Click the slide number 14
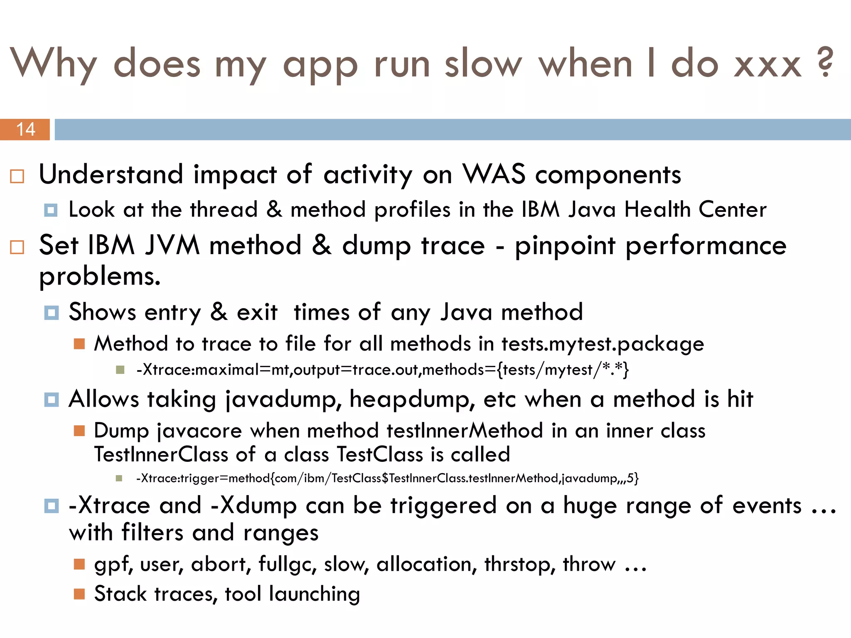coord(25,129)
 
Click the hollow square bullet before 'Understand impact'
coord(17,177)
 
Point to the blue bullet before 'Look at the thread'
coord(51,210)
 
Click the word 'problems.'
coord(100,276)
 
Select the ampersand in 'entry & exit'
coord(219,312)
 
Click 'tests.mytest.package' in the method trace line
coord(603,344)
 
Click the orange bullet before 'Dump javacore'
coord(79,431)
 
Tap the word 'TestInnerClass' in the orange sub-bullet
coord(161,454)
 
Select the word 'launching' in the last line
coord(314,594)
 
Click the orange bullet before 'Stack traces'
coord(79,594)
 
